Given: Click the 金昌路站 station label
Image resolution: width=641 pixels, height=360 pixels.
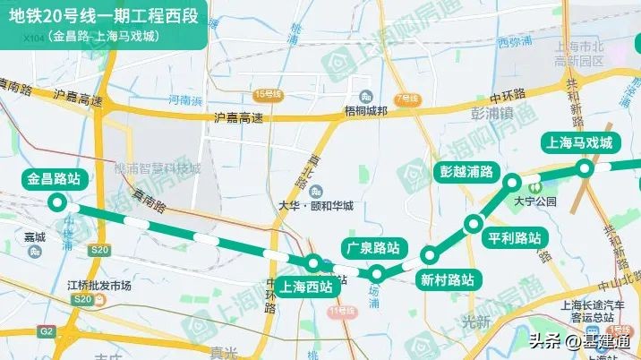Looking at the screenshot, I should (x=55, y=179).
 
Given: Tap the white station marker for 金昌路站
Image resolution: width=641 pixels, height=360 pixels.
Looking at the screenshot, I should (x=58, y=202).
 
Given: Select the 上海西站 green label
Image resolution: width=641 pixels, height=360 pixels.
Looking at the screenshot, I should (x=306, y=287).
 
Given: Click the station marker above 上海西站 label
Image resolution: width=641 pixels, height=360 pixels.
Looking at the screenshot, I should (x=313, y=262).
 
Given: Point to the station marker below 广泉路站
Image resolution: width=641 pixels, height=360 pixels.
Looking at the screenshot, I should (x=378, y=273).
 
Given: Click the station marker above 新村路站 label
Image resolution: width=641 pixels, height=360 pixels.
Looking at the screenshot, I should (x=430, y=254).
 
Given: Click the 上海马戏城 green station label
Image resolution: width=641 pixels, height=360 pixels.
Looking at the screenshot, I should (x=579, y=142).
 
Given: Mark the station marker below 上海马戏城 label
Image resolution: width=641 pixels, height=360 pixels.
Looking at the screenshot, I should (x=585, y=167).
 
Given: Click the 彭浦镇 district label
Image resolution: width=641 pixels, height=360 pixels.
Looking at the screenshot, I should (x=491, y=114).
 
